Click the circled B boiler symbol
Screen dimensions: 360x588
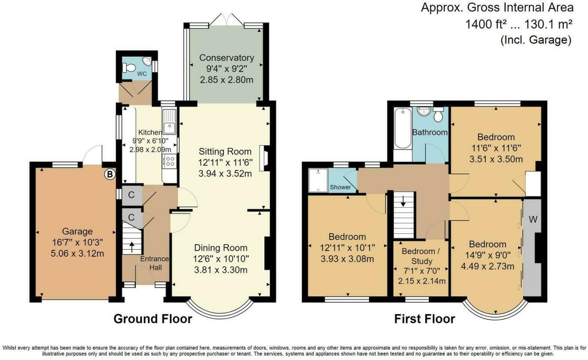[x=110, y=175]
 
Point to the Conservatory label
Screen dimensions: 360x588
[x=226, y=58]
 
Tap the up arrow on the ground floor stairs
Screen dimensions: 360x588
[x=132, y=247]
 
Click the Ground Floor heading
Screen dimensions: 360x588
[x=152, y=319]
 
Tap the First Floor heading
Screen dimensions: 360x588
[x=424, y=319]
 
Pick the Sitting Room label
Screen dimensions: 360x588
[x=225, y=151]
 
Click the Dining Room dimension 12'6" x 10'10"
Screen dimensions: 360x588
[x=220, y=259]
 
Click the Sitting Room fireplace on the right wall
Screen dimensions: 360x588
[x=263, y=155]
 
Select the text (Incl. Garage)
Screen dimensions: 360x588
[x=535, y=40]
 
